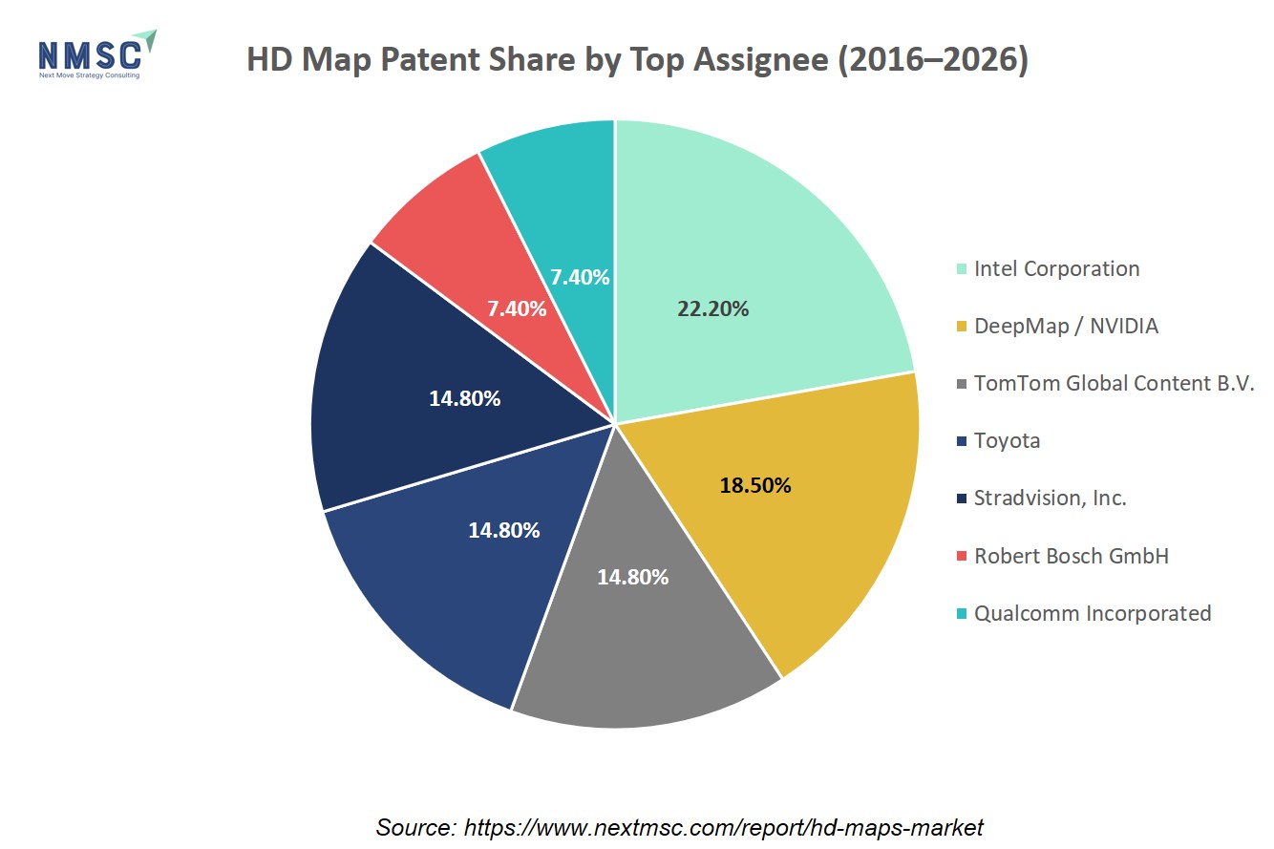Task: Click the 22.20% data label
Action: point(712,308)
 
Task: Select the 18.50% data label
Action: point(755,485)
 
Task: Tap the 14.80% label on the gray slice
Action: point(632,577)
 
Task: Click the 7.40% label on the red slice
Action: point(517,308)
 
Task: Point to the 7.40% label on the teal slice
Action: point(580,278)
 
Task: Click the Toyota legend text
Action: point(1007,440)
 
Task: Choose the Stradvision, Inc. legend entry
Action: point(1050,499)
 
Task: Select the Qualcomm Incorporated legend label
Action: point(1093,613)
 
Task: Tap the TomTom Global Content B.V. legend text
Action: point(1115,383)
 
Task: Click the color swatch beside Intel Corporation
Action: point(962,268)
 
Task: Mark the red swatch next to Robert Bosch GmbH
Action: point(962,556)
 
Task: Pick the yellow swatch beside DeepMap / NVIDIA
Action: point(962,326)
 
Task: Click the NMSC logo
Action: point(97,54)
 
